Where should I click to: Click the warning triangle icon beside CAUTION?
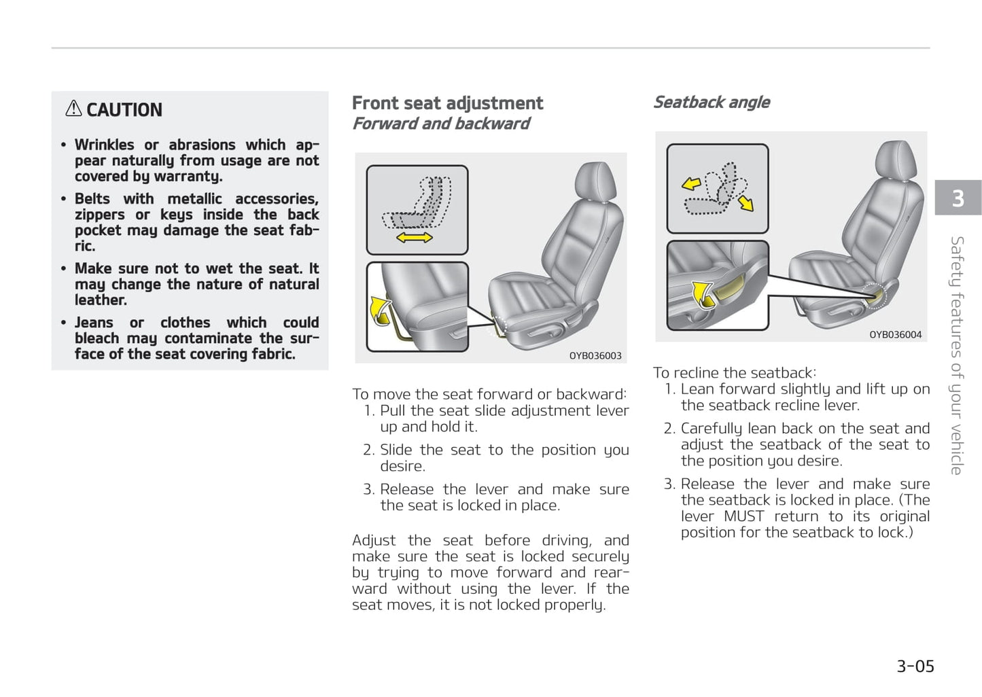click(x=73, y=109)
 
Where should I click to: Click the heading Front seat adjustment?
click(x=447, y=103)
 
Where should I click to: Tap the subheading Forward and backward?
click(x=440, y=124)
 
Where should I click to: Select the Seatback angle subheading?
click(x=711, y=103)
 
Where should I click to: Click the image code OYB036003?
click(x=595, y=355)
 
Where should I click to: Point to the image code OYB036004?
click(x=895, y=334)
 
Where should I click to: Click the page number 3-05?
click(x=915, y=666)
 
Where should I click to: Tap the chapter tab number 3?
click(x=958, y=198)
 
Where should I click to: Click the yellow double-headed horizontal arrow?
click(x=414, y=237)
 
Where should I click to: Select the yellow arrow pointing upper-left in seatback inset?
click(x=691, y=183)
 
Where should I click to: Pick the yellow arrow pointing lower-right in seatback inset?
click(x=746, y=202)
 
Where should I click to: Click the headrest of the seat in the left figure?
click(x=595, y=182)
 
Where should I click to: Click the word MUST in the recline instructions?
click(x=743, y=516)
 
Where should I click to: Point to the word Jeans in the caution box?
click(x=94, y=323)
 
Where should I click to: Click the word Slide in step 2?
click(x=396, y=450)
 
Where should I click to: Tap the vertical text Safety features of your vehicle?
click(x=957, y=355)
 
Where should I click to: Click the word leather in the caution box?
click(x=100, y=300)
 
